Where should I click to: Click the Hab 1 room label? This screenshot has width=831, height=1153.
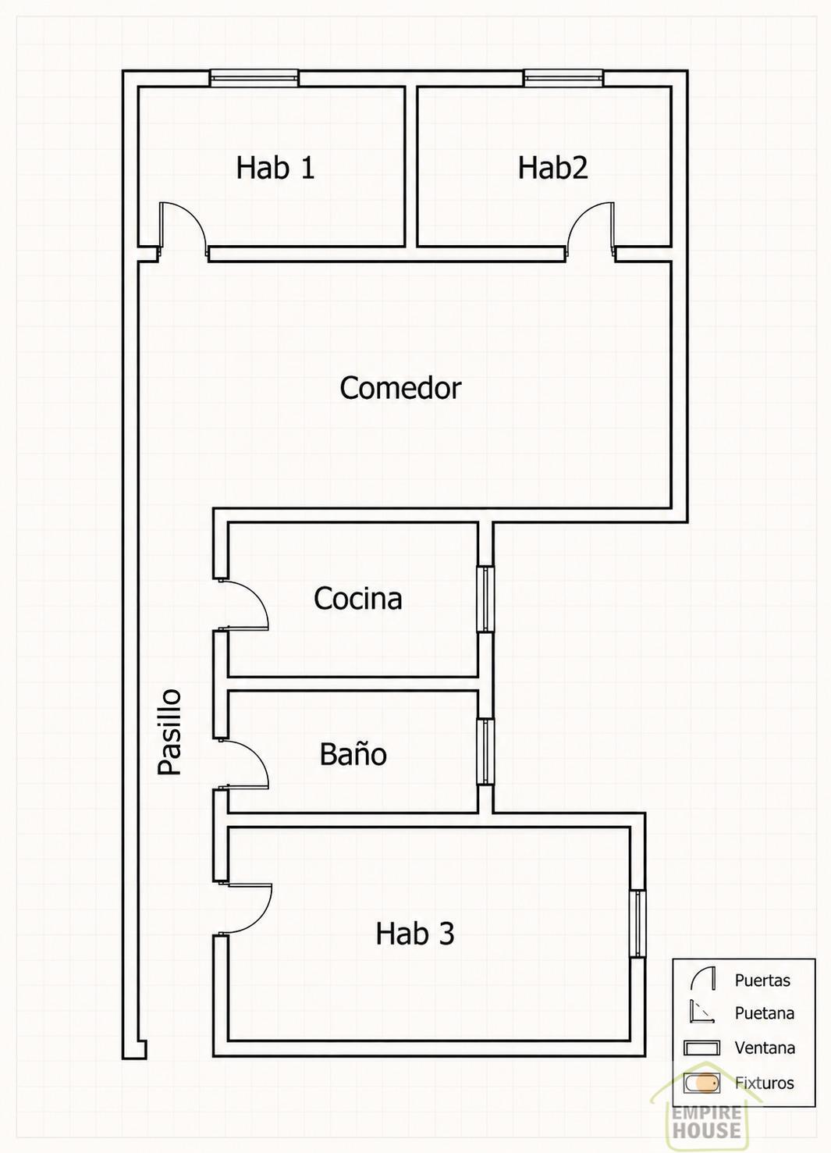click(275, 167)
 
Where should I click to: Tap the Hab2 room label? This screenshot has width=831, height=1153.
click(552, 167)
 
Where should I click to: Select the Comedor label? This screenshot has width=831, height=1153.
click(400, 388)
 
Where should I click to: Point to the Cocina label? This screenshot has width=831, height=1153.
click(357, 599)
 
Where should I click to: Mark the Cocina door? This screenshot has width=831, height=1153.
click(242, 604)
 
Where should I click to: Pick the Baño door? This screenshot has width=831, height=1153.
click(242, 764)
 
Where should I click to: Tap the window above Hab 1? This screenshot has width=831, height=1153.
click(254, 78)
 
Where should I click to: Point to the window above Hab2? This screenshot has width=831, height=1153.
click(563, 78)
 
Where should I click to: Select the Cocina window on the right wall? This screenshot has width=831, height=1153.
click(485, 600)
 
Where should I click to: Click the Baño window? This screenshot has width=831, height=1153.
click(485, 752)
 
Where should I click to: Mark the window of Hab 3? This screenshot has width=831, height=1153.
click(638, 924)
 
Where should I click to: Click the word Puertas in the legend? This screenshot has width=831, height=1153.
click(762, 980)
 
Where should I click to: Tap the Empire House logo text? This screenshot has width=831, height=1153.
click(707, 1123)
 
